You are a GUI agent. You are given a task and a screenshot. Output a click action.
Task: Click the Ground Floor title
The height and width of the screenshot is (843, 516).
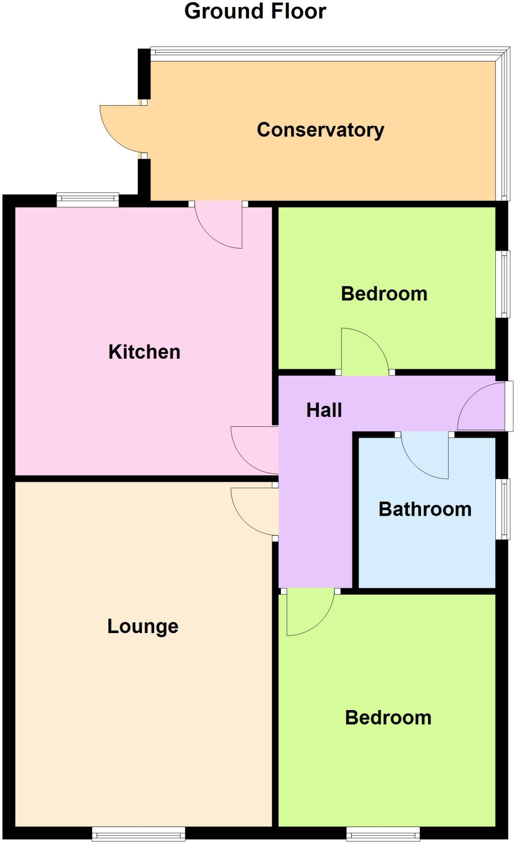255,12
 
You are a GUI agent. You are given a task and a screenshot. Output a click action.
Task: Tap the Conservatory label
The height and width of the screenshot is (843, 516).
320,130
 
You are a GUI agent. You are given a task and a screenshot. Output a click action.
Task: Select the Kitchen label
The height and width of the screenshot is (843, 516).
144,352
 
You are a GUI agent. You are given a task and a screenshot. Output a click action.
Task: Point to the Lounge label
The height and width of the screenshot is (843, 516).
143,626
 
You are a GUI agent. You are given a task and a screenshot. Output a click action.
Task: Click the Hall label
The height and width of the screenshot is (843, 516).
324,410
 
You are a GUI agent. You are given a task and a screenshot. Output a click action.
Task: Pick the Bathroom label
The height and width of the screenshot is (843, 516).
425,509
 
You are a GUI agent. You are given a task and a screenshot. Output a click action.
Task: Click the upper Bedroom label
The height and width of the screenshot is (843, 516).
384,294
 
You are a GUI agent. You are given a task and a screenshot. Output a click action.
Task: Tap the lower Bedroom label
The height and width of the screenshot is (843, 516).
388,717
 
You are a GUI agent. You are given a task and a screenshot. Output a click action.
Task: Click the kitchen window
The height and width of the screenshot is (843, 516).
88,200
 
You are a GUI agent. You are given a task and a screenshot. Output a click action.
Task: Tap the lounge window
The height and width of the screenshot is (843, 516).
138,834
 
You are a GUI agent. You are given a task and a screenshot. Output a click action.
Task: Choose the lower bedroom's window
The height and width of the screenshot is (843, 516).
383,834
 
